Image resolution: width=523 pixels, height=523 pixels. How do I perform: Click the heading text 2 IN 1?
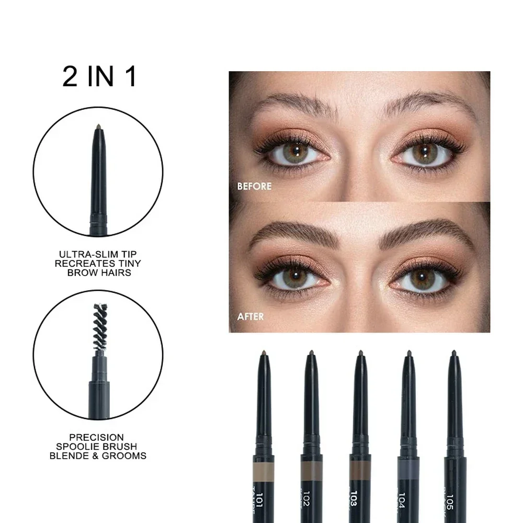(99, 76)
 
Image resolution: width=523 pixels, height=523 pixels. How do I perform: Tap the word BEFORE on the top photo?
(254, 186)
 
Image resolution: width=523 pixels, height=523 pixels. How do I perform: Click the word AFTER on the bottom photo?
(250, 316)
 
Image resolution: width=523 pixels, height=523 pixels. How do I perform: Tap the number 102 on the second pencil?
(311, 504)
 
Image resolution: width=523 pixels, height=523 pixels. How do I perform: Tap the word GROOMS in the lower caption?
(128, 456)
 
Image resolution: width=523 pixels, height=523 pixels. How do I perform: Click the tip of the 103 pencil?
(360, 353)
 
